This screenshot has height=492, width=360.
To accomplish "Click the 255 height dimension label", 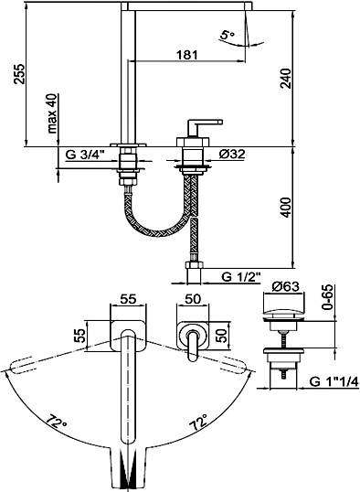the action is point(19,74).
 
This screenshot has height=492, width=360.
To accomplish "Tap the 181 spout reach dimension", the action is point(187,55).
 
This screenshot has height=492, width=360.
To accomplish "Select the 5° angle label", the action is point(227,34).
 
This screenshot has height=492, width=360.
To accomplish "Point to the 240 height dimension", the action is point(285,78).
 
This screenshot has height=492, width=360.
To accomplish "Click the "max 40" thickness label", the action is point(52,113).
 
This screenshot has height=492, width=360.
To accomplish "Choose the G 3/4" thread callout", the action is point(85,155).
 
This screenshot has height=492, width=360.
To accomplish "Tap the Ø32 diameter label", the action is point(232,154).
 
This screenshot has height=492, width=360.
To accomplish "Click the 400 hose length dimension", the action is point(286,208).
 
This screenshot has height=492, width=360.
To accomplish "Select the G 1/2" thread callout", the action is point(241,277).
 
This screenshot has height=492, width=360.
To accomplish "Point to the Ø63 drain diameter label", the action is point(285,286).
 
